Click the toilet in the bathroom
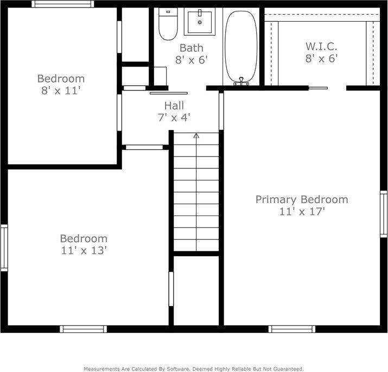(x=168, y=24)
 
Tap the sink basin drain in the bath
(x=200, y=22)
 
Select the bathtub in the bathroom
(x=241, y=47)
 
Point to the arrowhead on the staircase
(x=196, y=135)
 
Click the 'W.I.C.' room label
(x=321, y=47)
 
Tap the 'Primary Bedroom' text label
(x=302, y=199)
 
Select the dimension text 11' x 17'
(x=302, y=212)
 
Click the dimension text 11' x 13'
(x=84, y=250)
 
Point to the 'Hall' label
(x=174, y=106)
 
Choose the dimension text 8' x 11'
(x=61, y=90)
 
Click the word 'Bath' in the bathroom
(x=191, y=48)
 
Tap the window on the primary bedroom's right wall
(x=384, y=214)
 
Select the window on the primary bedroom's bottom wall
(x=292, y=329)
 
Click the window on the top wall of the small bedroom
(x=63, y=4)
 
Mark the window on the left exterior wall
(x=4, y=248)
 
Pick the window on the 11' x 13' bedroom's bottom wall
(x=84, y=329)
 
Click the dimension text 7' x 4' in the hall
(x=174, y=118)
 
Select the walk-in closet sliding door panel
(x=318, y=88)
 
